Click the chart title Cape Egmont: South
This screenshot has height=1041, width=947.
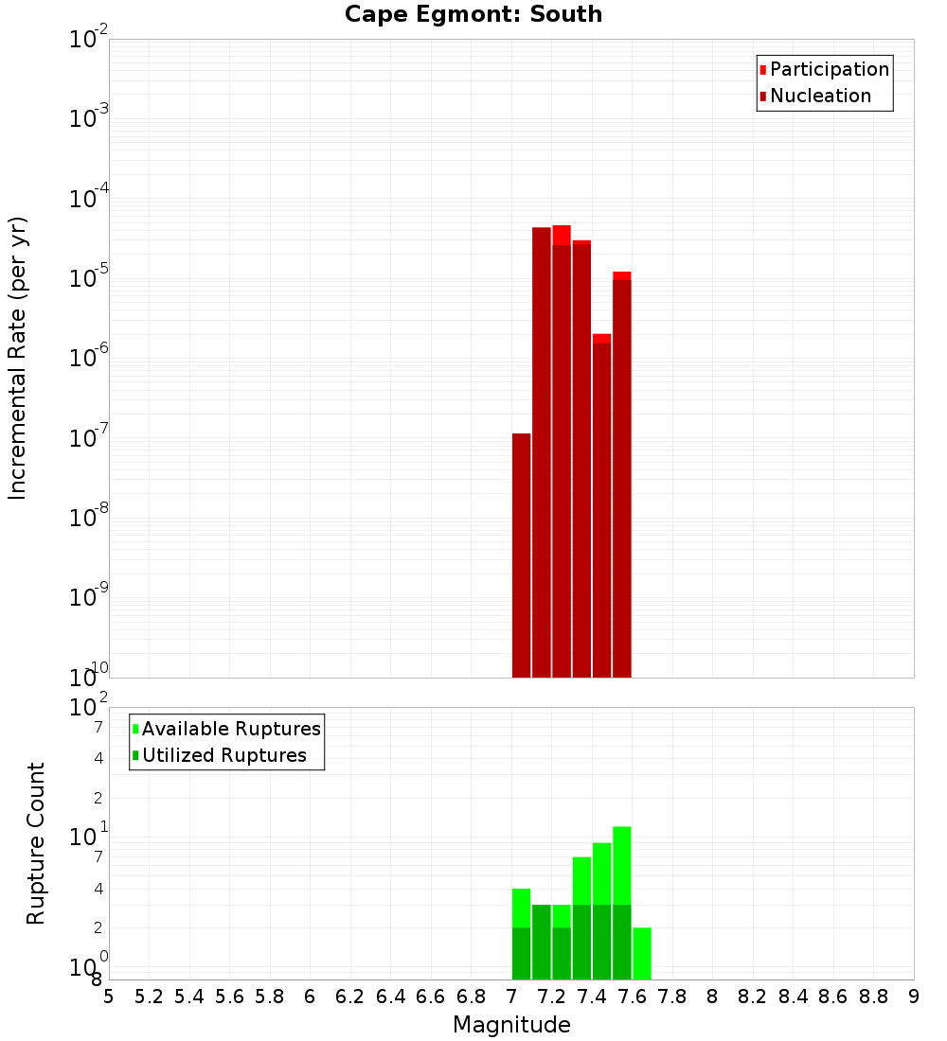(x=473, y=14)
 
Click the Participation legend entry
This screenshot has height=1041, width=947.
(x=824, y=69)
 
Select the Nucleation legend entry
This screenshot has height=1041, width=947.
(x=814, y=96)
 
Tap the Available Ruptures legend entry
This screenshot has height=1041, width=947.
(x=227, y=729)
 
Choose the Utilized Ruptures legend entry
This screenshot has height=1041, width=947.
(x=220, y=755)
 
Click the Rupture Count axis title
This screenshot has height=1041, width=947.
(x=36, y=843)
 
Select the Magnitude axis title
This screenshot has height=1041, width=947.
(x=511, y=1025)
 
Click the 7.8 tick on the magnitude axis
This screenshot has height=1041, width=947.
(x=672, y=997)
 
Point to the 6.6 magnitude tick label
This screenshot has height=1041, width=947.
(x=431, y=997)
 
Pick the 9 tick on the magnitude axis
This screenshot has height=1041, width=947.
(x=914, y=997)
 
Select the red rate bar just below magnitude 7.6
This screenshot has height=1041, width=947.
(x=621, y=473)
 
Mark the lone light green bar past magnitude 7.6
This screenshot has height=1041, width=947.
(x=642, y=953)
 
